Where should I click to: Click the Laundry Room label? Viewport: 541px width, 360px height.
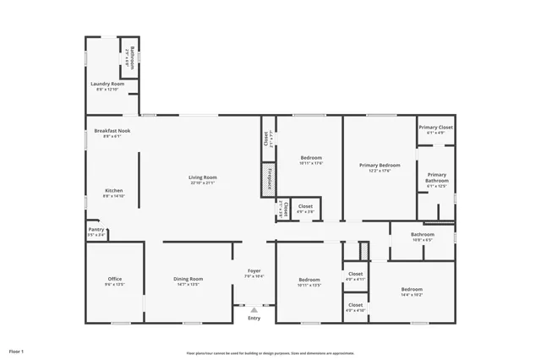pyautogui.click(x=107, y=85)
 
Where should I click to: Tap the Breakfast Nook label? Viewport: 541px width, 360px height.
pyautogui.click(x=112, y=131)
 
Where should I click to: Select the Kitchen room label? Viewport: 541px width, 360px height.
pyautogui.click(x=114, y=191)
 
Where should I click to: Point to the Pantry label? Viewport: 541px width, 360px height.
pyautogui.click(x=96, y=230)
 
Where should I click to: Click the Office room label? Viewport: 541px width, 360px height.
pyautogui.click(x=115, y=279)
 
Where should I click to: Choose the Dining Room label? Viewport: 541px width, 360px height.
pyautogui.click(x=188, y=279)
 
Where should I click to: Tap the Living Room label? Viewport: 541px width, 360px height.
pyautogui.click(x=203, y=177)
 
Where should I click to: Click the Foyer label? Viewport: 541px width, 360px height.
pyautogui.click(x=254, y=271)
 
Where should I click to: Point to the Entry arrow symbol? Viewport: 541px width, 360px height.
pyautogui.click(x=254, y=310)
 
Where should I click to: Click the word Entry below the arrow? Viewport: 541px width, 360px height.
pyautogui.click(x=254, y=319)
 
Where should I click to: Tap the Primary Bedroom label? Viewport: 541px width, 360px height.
pyautogui.click(x=379, y=166)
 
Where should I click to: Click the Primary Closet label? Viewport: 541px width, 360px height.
pyautogui.click(x=435, y=128)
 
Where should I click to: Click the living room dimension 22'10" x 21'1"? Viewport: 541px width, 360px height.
pyautogui.click(x=203, y=182)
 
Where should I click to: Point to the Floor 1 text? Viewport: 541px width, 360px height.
pyautogui.click(x=17, y=350)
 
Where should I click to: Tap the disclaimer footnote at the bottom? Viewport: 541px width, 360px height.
pyautogui.click(x=270, y=353)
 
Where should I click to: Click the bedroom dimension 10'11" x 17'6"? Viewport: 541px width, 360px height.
pyautogui.click(x=311, y=163)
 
